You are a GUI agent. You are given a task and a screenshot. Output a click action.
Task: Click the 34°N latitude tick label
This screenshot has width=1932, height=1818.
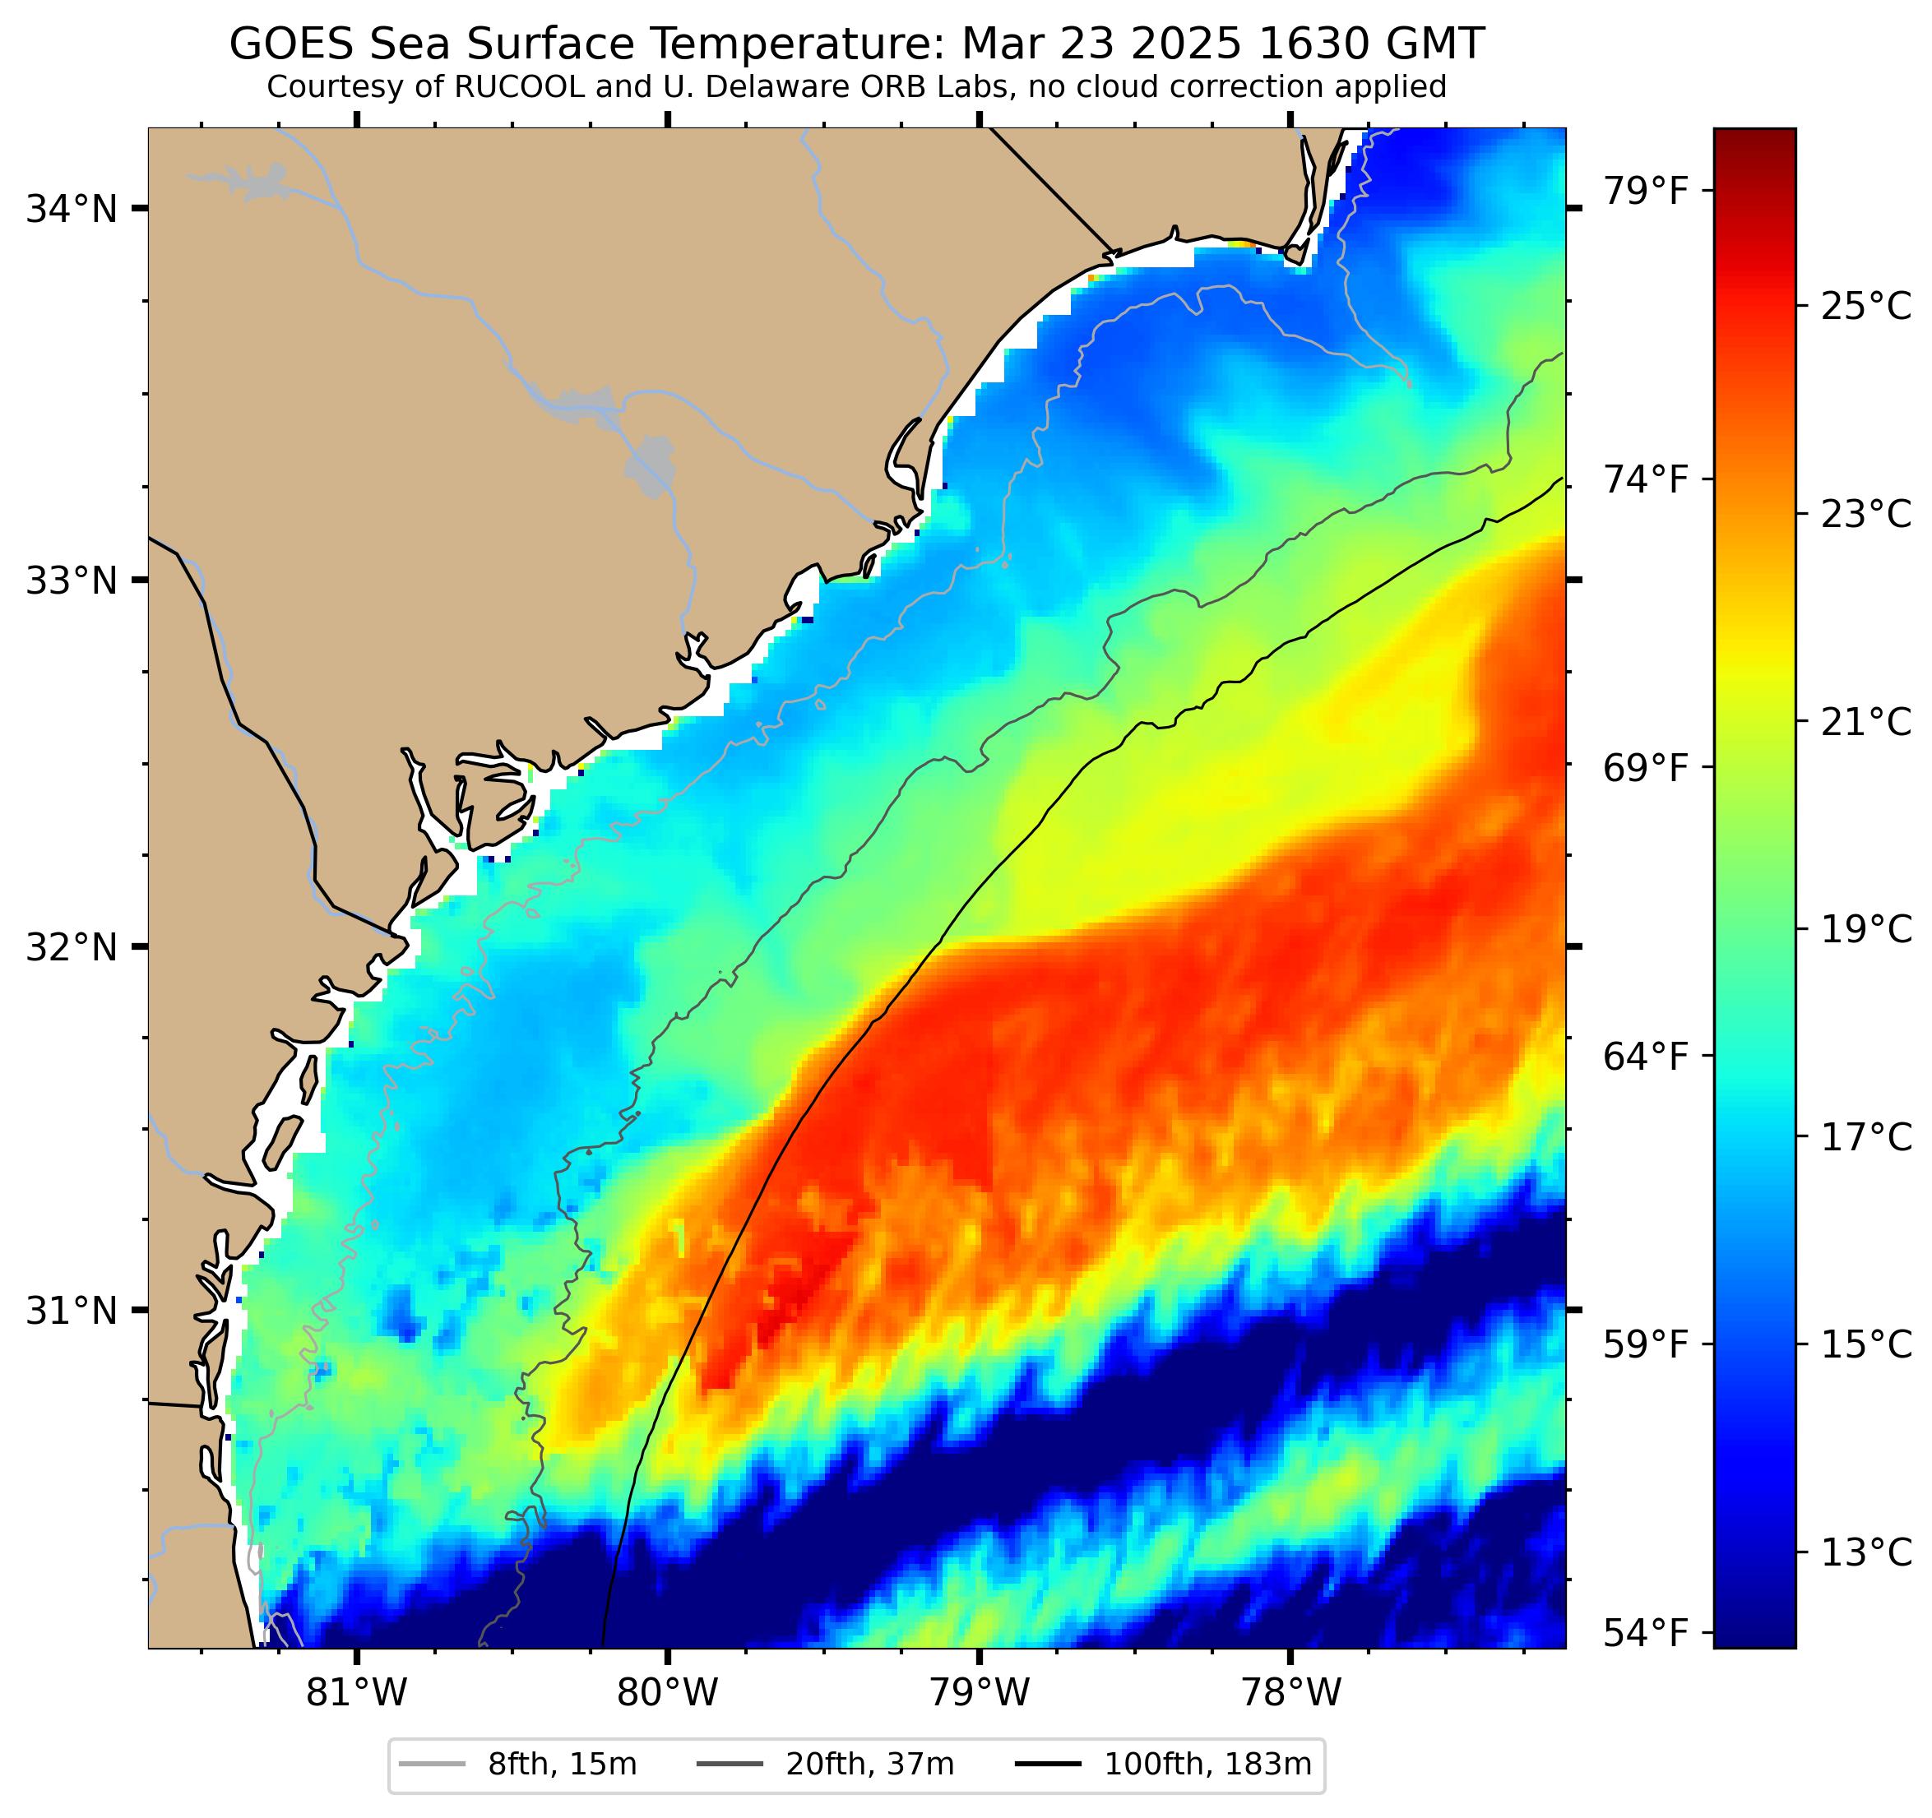71,209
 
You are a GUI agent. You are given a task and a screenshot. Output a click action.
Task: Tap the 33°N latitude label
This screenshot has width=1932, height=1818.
71,581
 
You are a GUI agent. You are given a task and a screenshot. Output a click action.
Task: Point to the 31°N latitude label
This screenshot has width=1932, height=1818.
71,1311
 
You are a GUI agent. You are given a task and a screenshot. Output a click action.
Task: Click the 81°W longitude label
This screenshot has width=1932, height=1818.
357,1694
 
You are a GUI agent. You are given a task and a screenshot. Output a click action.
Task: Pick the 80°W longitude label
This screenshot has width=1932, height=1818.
668,1694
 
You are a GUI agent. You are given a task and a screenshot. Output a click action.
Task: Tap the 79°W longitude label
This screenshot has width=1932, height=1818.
979,1694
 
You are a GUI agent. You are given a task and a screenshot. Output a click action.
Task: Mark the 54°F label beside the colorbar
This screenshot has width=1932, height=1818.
1645,1635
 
